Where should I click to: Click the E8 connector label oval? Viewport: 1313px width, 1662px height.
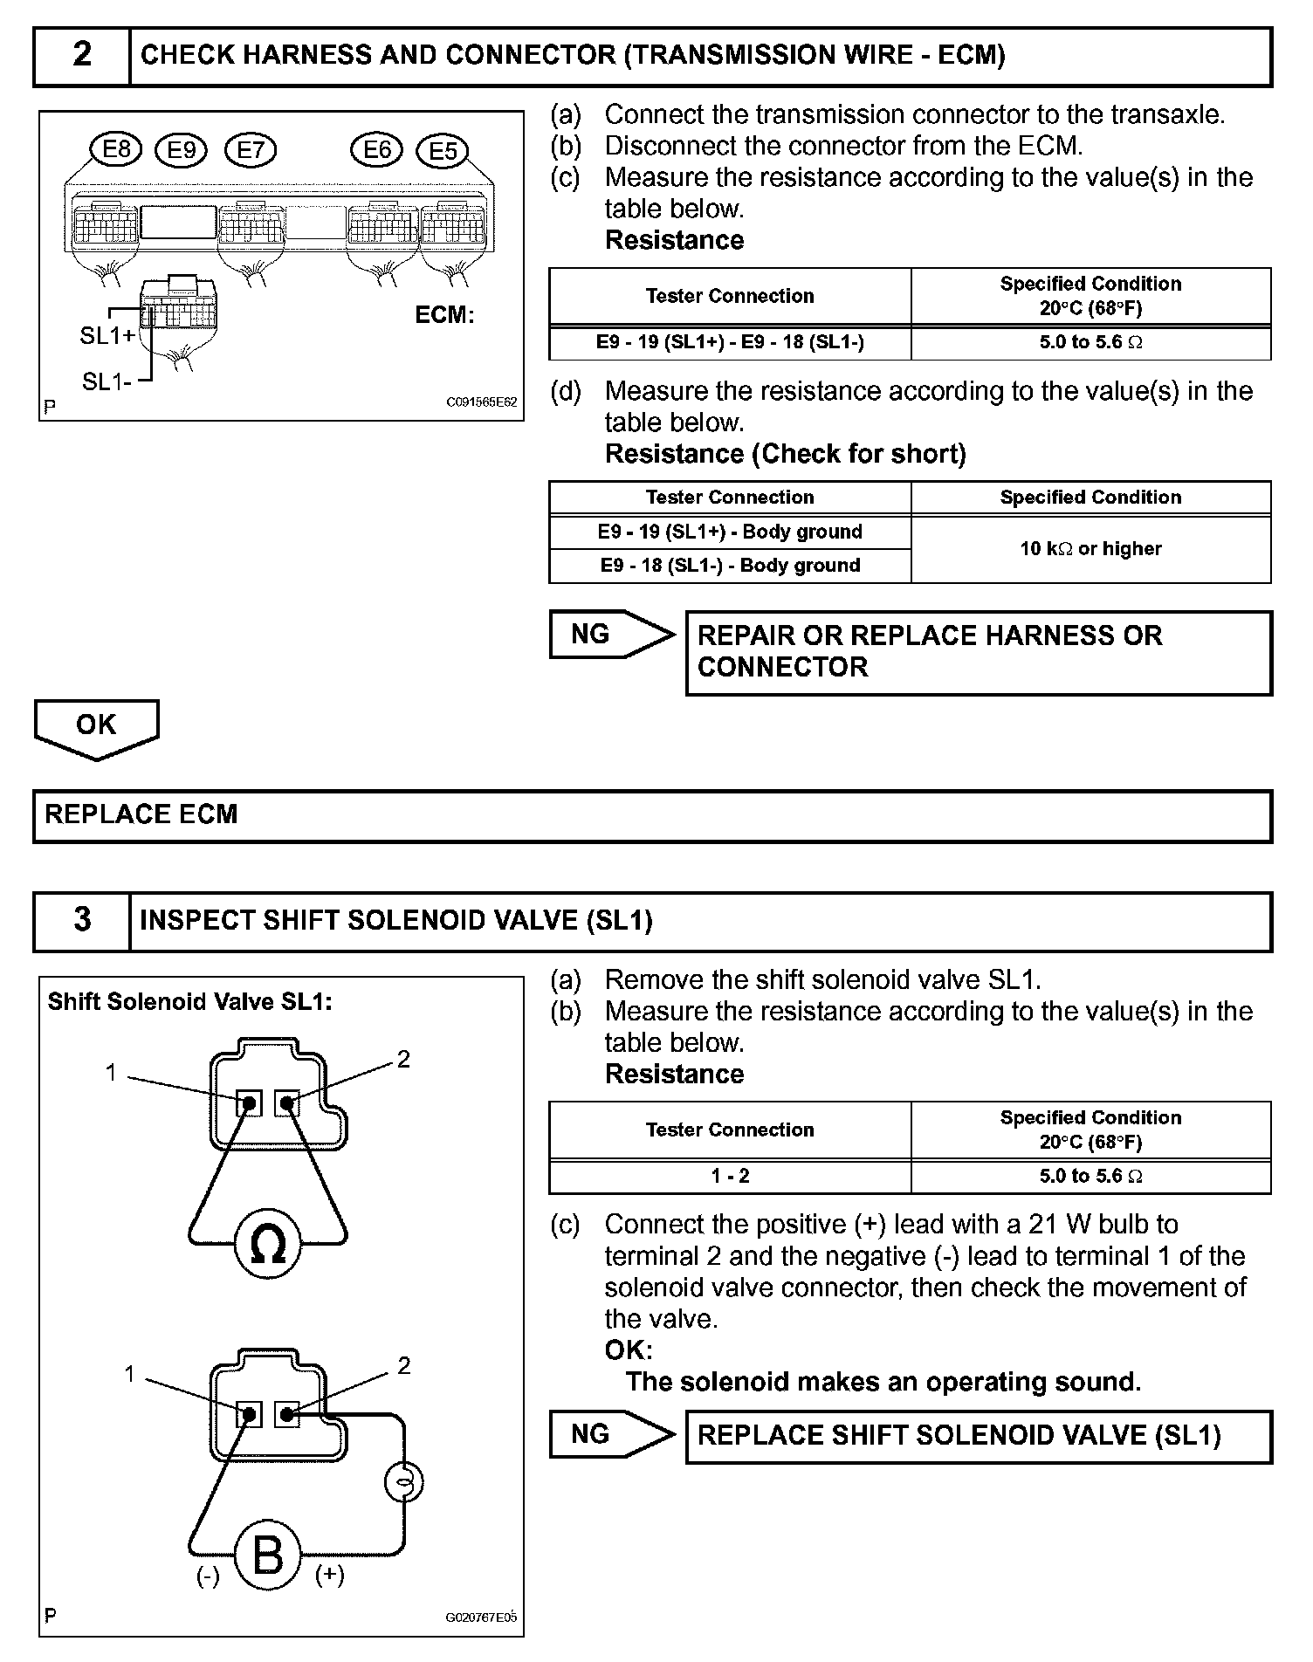coord(116,150)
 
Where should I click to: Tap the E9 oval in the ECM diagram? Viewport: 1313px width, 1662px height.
coord(181,151)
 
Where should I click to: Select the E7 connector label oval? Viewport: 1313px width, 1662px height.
coord(251,151)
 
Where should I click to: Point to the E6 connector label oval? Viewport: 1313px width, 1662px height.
coord(376,150)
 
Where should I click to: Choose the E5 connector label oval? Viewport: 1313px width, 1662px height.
coord(443,152)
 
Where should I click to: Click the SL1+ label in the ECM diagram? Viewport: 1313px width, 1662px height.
coord(107,336)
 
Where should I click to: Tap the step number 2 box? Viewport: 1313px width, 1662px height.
coord(82,56)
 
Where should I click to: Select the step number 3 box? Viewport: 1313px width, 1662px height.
coord(82,920)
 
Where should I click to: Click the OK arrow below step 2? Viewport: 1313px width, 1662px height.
coord(96,726)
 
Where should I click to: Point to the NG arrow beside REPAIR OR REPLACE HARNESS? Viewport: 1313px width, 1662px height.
coord(610,635)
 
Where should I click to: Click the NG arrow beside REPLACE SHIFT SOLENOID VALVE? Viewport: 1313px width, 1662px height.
coord(610,1435)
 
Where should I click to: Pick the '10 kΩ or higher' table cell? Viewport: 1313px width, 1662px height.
coord(1090,549)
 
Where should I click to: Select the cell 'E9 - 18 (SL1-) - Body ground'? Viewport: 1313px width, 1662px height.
coord(730,566)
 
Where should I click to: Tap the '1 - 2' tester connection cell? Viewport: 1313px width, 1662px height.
coord(730,1176)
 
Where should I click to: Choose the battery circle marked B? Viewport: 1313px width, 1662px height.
coord(267,1556)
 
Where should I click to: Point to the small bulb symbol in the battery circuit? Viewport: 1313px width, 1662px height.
coord(404,1481)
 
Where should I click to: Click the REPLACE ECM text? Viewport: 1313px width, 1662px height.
coord(141,815)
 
